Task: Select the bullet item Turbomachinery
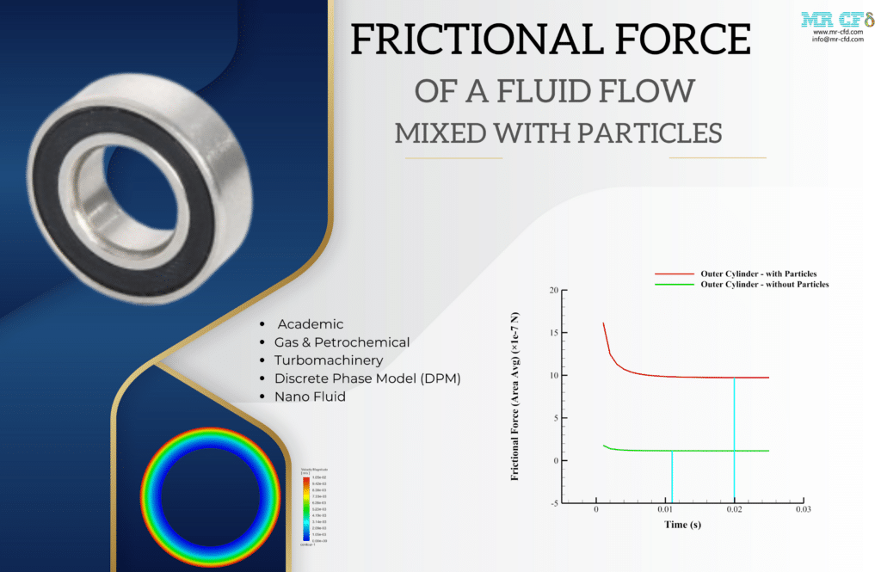click(329, 360)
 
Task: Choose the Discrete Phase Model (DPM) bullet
click(367, 378)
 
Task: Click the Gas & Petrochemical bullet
click(342, 342)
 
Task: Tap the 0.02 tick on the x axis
click(734, 510)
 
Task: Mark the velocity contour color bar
click(305, 507)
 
